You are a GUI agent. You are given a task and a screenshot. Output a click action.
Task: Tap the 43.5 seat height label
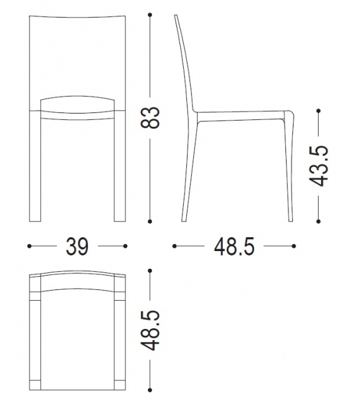320,166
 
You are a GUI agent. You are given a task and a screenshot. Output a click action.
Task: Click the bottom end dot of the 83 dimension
150,221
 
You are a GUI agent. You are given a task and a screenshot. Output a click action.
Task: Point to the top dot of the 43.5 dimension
319,112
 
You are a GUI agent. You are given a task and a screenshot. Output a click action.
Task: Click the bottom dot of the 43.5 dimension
319,220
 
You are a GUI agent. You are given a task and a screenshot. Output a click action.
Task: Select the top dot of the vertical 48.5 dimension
150,271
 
